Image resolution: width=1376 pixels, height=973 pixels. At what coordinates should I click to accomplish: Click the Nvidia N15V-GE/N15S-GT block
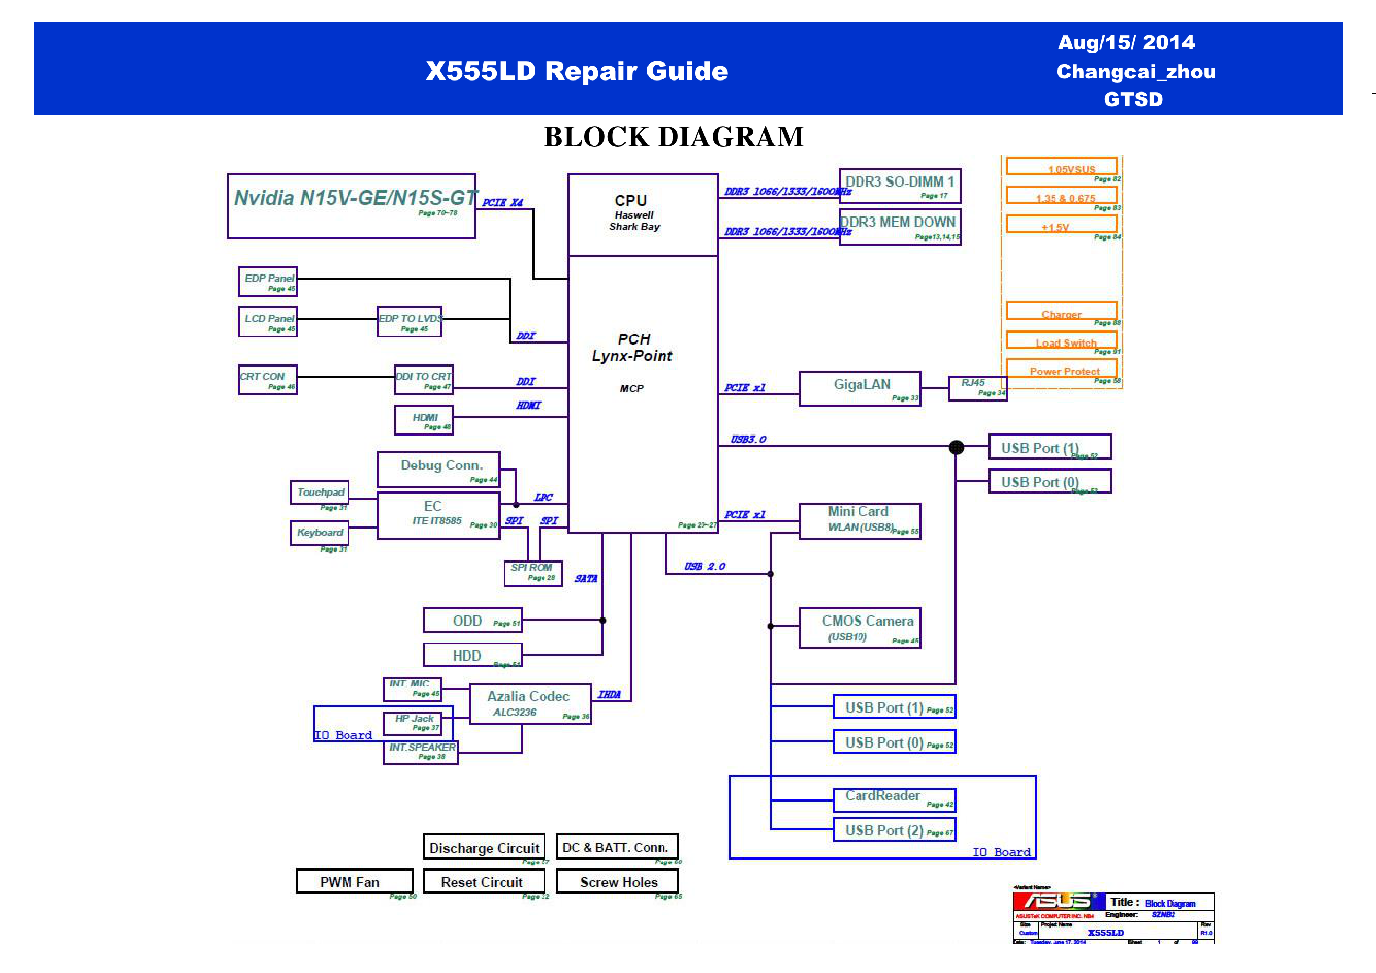[351, 206]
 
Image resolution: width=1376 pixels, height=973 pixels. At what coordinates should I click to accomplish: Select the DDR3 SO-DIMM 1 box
[900, 186]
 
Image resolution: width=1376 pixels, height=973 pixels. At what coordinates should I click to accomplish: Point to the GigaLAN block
[859, 388]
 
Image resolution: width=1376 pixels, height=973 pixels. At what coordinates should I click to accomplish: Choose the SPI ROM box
[533, 573]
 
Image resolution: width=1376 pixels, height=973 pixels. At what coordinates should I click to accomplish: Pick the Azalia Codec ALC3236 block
[530, 704]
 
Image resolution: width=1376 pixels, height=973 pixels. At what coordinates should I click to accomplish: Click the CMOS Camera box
[859, 628]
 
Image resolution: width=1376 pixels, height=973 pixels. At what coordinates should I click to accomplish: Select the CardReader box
[894, 799]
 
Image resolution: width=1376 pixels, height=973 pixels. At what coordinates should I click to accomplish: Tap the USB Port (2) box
[894, 830]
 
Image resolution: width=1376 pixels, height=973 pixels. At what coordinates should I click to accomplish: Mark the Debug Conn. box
[438, 469]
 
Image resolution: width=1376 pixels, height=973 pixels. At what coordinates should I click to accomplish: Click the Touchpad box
[320, 493]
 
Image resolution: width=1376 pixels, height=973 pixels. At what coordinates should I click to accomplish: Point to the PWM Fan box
[354, 882]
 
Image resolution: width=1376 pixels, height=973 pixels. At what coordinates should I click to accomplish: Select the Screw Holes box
[617, 882]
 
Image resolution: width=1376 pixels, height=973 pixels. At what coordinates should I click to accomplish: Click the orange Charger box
[1061, 311]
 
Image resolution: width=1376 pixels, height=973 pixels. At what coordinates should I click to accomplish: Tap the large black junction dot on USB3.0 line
[957, 447]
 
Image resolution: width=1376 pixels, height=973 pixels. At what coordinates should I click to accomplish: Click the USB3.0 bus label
[748, 439]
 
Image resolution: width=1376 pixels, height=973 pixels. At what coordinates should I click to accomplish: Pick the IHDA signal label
[609, 694]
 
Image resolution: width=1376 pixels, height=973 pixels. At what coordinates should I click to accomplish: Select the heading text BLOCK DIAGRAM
[674, 136]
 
